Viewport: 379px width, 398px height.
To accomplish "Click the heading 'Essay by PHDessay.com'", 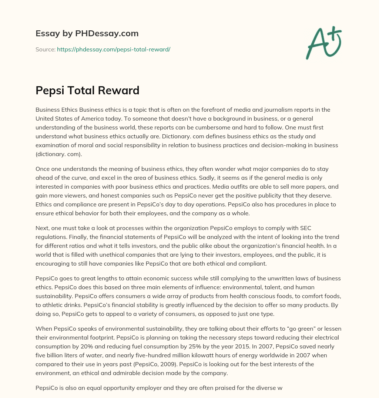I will coord(87,34).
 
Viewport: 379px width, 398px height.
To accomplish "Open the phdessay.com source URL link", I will coord(113,49).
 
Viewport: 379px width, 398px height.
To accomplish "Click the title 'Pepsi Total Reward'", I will coord(87,90).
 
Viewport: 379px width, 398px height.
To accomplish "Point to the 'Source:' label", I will coord(45,49).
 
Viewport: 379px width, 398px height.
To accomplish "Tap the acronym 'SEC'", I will coord(296,228).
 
